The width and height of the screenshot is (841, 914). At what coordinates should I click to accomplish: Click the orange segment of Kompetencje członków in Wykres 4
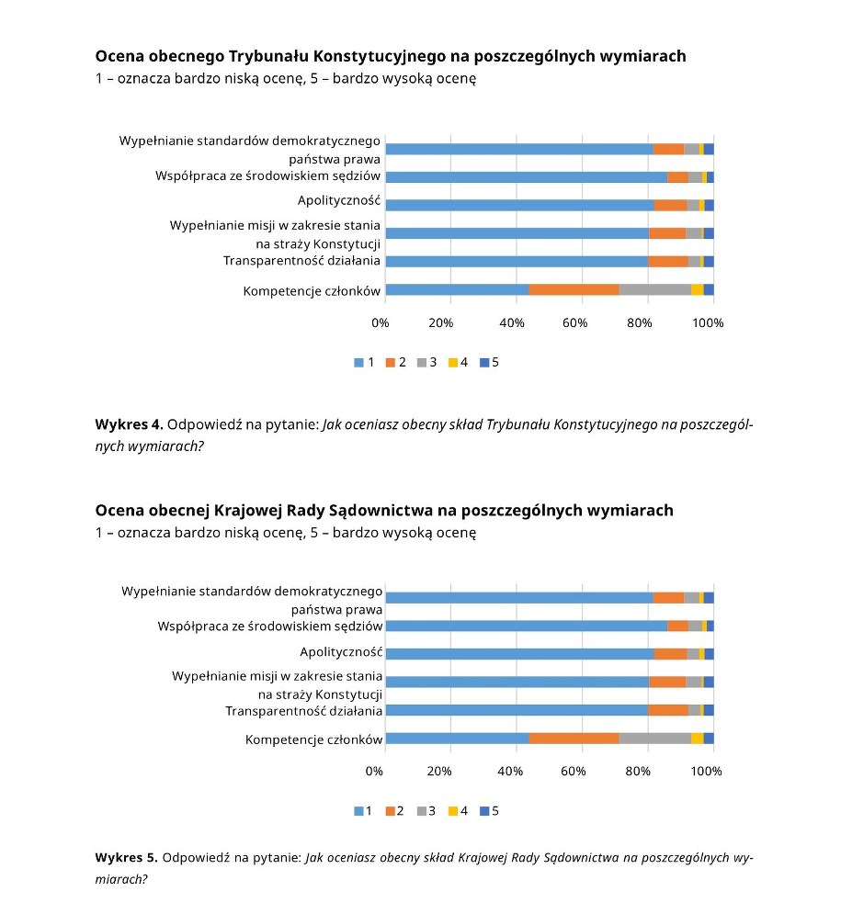pyautogui.click(x=574, y=290)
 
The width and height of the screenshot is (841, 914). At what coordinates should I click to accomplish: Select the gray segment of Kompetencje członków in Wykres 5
pyautogui.click(x=654, y=739)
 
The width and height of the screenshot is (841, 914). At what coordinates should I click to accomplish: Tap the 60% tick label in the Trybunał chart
pyautogui.click(x=574, y=322)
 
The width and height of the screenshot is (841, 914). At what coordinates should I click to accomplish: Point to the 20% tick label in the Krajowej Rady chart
pyautogui.click(x=441, y=772)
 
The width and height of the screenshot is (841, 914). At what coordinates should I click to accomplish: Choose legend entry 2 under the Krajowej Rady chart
pyautogui.click(x=395, y=811)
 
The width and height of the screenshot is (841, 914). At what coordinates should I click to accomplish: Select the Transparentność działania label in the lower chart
pyautogui.click(x=304, y=711)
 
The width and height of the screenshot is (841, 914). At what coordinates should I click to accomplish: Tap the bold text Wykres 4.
pyautogui.click(x=129, y=424)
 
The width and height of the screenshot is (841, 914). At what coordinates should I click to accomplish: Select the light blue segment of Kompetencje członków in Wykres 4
pyautogui.click(x=457, y=290)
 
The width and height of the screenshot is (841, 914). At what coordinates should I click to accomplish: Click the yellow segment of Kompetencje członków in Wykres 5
pyautogui.click(x=697, y=739)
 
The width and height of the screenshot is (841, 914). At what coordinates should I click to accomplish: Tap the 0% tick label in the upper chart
pyautogui.click(x=380, y=322)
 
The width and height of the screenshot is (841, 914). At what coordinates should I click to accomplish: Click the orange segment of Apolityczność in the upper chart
pyautogui.click(x=670, y=205)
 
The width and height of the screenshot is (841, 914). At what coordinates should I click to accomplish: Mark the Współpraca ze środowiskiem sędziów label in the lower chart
pyautogui.click(x=270, y=626)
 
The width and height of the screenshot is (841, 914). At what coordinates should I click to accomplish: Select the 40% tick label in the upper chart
pyautogui.click(x=509, y=322)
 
